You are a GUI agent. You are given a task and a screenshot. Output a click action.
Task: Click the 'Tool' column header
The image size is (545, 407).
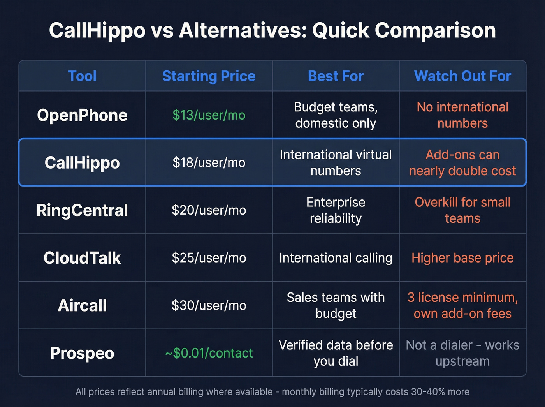(x=82, y=76)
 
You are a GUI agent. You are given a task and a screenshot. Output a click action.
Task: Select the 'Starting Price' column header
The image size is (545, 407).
(x=209, y=76)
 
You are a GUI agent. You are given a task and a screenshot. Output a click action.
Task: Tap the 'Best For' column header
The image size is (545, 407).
(x=336, y=76)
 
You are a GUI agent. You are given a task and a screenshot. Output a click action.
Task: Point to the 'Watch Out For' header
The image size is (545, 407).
(x=462, y=76)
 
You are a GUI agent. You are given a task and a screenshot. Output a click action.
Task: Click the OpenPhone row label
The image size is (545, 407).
(x=82, y=115)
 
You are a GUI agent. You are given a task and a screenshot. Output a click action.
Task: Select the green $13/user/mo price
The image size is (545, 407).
(x=209, y=115)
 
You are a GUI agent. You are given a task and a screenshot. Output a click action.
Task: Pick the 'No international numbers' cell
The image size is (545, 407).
(x=462, y=115)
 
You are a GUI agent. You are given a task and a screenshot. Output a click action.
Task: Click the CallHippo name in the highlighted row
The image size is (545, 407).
(x=82, y=163)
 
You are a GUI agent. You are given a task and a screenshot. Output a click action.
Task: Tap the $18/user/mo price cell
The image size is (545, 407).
(x=209, y=163)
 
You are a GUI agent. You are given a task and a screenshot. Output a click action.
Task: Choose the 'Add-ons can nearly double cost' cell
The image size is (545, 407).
(x=462, y=163)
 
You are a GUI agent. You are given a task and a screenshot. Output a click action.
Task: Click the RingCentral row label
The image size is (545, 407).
(x=82, y=210)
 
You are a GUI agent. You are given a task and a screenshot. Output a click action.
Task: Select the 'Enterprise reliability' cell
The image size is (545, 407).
(x=336, y=210)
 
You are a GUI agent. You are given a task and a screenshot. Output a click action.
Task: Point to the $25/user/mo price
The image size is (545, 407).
(x=209, y=258)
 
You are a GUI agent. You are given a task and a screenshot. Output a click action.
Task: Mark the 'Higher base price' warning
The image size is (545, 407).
(x=462, y=258)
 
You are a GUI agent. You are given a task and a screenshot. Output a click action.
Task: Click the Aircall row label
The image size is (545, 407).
(x=82, y=305)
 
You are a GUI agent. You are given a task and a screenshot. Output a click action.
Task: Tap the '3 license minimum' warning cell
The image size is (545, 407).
(x=462, y=305)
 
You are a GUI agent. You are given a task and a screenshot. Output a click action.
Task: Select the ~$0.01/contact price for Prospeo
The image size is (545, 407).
(x=209, y=353)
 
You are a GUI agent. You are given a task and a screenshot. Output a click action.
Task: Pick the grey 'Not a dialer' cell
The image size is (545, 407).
(x=462, y=353)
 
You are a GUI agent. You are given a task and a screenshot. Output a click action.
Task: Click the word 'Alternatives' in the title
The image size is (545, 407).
(x=243, y=30)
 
